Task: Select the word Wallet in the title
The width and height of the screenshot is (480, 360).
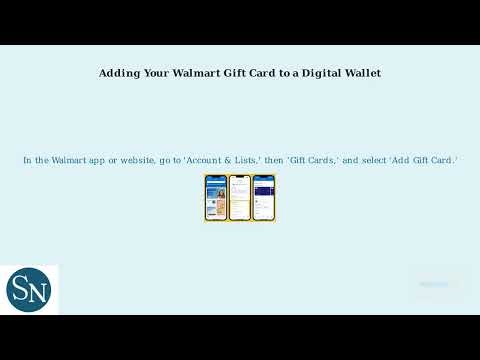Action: pyautogui.click(x=360, y=73)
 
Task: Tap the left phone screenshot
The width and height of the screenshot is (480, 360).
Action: pyautogui.click(x=216, y=198)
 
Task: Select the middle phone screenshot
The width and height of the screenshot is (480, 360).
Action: pyautogui.click(x=239, y=198)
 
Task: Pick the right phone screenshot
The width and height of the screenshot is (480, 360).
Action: pyautogui.click(x=263, y=198)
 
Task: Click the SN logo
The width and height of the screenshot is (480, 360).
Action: pyautogui.click(x=31, y=290)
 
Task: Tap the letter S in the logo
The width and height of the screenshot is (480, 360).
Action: pyautogui.click(x=22, y=289)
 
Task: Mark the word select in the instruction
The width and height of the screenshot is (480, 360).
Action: pyautogui.click(x=364, y=160)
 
